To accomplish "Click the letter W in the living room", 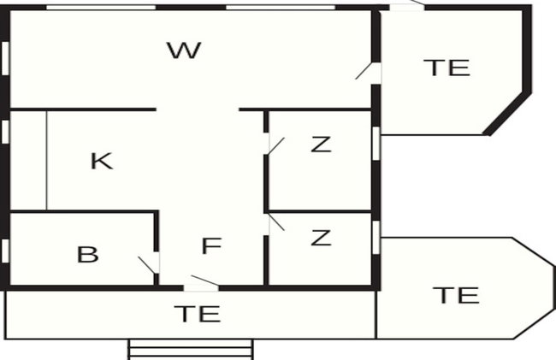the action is tap(184, 50).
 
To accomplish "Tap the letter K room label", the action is tap(102, 161).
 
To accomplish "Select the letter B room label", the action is tap(87, 255).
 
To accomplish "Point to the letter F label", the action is tap(211, 245).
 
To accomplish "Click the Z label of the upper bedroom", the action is tap(321, 145).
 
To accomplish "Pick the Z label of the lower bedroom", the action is tap(321, 238).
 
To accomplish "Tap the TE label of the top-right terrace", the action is tap(447, 68).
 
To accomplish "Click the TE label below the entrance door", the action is tap(197, 314).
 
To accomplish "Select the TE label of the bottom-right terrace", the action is tap(456, 295).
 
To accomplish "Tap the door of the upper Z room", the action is tap(276, 146).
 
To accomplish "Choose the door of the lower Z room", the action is tap(276, 223).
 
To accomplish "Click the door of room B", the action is tap(149, 264).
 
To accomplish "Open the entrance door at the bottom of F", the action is tap(201, 283).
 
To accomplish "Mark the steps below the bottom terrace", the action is tap(191, 350).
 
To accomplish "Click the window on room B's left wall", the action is tap(5, 251).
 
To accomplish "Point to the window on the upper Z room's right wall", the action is tap(376, 143).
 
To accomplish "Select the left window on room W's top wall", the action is tap(101, 8).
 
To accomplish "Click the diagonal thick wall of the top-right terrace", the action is tap(507, 114).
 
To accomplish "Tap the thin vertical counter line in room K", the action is tap(46, 160).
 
